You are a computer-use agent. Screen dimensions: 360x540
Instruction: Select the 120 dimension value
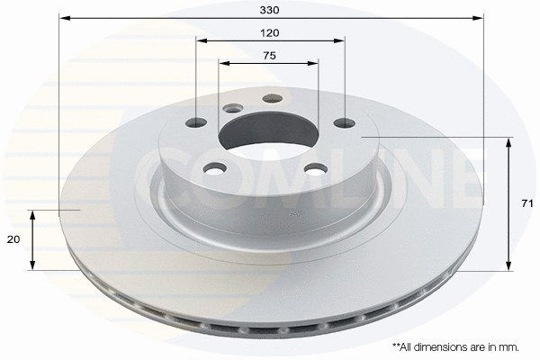270,32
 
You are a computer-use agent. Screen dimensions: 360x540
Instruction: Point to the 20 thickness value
12,240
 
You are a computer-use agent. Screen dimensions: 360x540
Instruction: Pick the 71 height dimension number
526,203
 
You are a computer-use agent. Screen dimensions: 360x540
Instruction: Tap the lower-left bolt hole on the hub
215,167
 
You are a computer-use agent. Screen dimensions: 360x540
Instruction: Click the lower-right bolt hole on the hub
313,167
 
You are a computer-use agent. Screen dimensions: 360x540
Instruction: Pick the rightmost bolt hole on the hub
344,123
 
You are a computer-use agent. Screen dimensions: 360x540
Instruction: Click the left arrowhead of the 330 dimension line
62,17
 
